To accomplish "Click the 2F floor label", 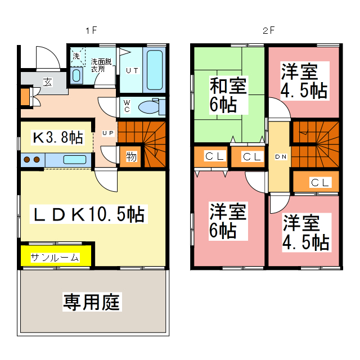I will pos(268,30).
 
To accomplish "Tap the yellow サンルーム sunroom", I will pos(55,258).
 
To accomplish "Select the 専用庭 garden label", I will pos(92,303).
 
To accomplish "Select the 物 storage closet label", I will pos(131,157).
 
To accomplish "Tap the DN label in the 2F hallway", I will pos(280,157).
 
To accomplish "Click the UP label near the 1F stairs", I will pos(108,133).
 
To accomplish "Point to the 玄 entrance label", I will pos(47,82).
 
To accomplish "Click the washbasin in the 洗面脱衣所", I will pos(77,75).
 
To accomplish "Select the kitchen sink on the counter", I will pos(74,160).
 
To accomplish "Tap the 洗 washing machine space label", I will pos(76,56).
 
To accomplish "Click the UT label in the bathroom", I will pos(132,70).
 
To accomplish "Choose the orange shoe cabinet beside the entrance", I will pos(25,96).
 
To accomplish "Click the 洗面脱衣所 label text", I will pos(101,65).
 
